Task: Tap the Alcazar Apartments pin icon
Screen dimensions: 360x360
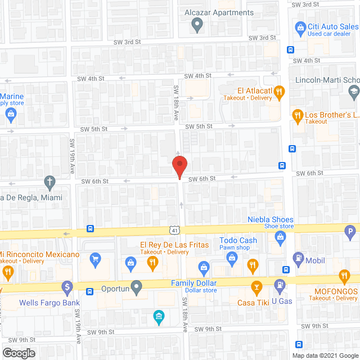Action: [197, 24]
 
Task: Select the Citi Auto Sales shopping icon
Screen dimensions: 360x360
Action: [300, 27]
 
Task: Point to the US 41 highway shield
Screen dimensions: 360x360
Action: [176, 229]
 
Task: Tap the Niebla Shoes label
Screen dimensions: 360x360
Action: [271, 219]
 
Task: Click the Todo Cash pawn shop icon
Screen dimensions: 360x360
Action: [231, 258]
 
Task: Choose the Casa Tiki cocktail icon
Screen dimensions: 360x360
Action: [256, 288]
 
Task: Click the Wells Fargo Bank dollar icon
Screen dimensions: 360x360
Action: [67, 287]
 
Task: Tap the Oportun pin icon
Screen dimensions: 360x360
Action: [136, 287]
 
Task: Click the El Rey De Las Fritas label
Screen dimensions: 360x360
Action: [174, 245]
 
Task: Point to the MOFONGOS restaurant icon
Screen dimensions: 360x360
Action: [344, 276]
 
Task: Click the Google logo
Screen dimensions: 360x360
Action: [18, 353]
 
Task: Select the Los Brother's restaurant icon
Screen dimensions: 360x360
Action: [298, 115]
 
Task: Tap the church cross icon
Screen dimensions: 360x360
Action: [49, 182]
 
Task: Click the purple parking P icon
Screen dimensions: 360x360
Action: [351, 230]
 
